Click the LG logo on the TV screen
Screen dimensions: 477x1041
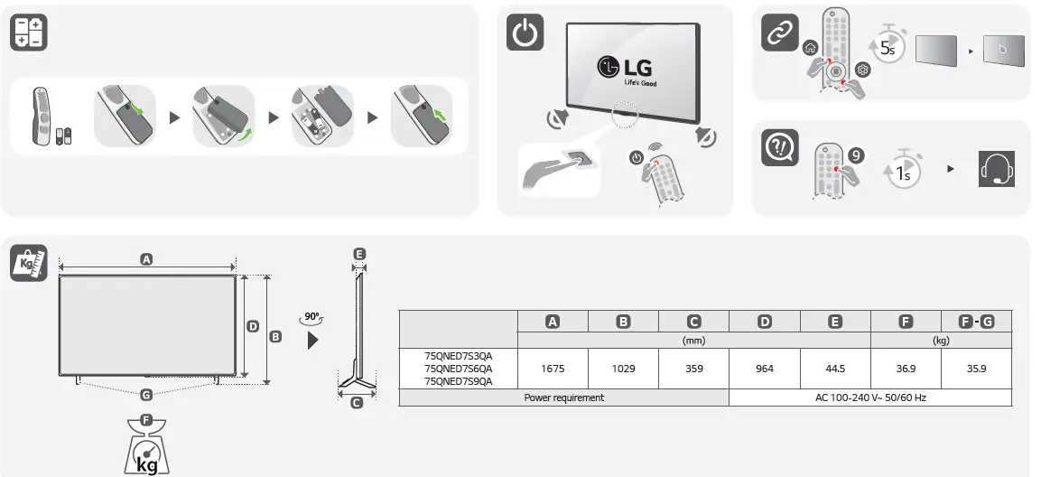tap(625, 68)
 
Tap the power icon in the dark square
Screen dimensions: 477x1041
tap(526, 33)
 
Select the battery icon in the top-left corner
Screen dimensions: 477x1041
tap(28, 33)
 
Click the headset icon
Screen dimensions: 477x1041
tap(997, 169)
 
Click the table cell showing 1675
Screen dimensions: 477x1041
tap(553, 369)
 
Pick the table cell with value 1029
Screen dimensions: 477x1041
tap(623, 369)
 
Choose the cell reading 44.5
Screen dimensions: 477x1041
tap(835, 369)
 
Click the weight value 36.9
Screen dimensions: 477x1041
tap(906, 369)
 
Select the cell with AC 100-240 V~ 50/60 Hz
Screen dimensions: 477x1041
tap(870, 397)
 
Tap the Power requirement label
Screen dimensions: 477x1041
tap(564, 397)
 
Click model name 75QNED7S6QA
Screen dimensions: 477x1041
tap(459, 369)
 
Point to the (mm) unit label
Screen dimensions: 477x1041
tap(694, 341)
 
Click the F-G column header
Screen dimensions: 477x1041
tap(976, 321)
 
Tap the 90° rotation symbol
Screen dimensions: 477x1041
tap(313, 319)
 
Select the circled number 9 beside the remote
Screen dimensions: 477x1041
tap(857, 154)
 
